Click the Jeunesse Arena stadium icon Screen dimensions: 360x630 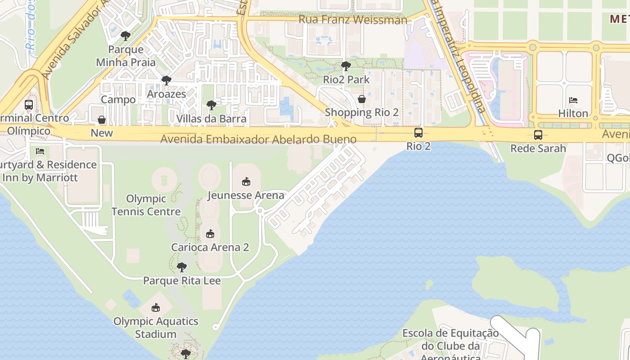246,182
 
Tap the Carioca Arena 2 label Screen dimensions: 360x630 210,247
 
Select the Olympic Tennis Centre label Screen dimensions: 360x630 146,205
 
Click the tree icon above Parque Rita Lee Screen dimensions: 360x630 182,267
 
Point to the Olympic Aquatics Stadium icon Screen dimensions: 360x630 156,308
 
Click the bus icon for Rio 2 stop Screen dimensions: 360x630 418,133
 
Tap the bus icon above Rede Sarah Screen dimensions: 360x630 538,135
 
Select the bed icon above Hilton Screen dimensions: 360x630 573,100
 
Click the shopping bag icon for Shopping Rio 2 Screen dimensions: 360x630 362,99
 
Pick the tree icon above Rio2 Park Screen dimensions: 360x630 346,66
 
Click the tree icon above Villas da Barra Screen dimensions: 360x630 211,105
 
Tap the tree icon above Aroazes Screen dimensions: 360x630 166,81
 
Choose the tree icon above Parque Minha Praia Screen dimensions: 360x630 126,36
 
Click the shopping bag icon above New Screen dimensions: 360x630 102,120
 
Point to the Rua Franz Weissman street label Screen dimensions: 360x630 353,20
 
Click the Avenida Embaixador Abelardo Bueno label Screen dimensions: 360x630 258,139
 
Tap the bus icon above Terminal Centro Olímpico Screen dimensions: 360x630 29,105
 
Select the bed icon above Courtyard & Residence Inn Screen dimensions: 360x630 40,151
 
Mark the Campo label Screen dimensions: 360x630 118,99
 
